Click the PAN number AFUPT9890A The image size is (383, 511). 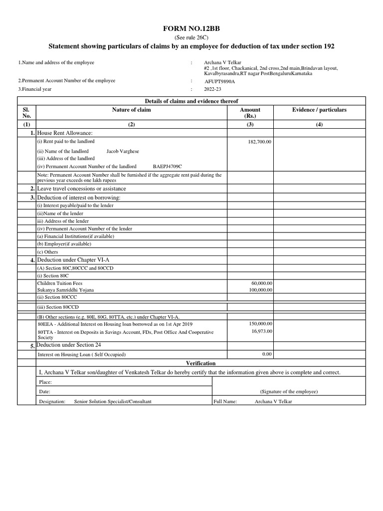point(220,81)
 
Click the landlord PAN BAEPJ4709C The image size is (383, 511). point(167,166)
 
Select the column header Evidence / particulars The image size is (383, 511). point(319,110)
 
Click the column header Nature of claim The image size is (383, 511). point(132,110)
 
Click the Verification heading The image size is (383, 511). point(201,363)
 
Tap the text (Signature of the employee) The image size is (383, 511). point(289,392)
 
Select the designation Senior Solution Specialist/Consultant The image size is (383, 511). point(113,401)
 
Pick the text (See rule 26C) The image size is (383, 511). point(191,38)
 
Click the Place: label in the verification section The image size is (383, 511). point(45,382)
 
